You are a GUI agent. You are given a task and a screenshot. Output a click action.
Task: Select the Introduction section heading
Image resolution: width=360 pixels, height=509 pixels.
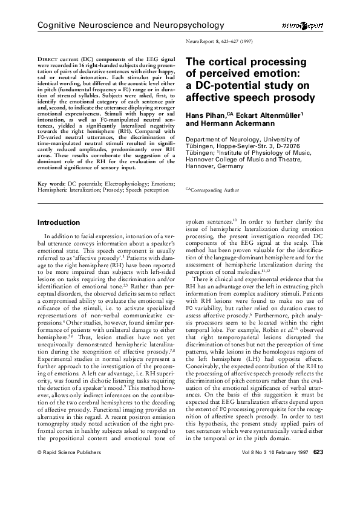[x=59, y=222]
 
